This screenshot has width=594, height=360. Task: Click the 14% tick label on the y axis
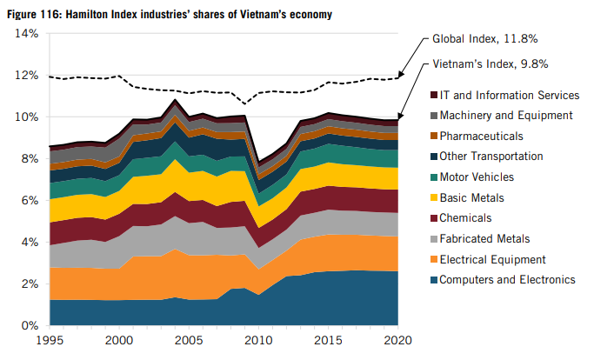click(x=26, y=34)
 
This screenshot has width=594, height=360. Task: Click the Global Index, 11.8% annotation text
click(x=484, y=39)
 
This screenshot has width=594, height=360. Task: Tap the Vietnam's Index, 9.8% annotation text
click(x=490, y=64)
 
